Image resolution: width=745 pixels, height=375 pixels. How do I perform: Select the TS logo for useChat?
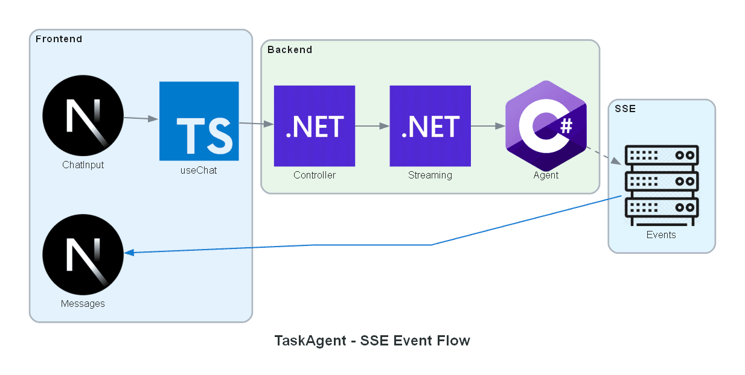click(199, 121)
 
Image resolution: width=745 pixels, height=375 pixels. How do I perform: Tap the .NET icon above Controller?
click(315, 126)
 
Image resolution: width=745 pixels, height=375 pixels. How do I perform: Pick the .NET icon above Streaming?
click(430, 126)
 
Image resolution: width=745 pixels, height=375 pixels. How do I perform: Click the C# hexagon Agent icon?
click(546, 125)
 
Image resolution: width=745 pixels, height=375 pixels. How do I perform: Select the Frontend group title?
click(59, 39)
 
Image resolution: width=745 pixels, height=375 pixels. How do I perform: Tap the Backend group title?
click(290, 49)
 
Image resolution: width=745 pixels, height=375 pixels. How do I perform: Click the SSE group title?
click(625, 109)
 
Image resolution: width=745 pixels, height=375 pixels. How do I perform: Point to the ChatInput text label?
click(83, 165)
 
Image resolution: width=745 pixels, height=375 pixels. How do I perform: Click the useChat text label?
click(199, 171)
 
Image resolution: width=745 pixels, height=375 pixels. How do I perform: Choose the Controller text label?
click(315, 175)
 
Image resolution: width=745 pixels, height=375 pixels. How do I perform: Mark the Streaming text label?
click(430, 175)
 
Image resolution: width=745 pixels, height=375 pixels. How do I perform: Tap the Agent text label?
click(546, 175)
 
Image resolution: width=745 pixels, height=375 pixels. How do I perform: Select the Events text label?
click(661, 235)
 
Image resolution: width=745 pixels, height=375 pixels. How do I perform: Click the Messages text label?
click(83, 304)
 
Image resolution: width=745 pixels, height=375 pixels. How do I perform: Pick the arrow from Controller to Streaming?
click(372, 126)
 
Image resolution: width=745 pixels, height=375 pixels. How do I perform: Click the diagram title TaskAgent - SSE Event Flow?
click(372, 341)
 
